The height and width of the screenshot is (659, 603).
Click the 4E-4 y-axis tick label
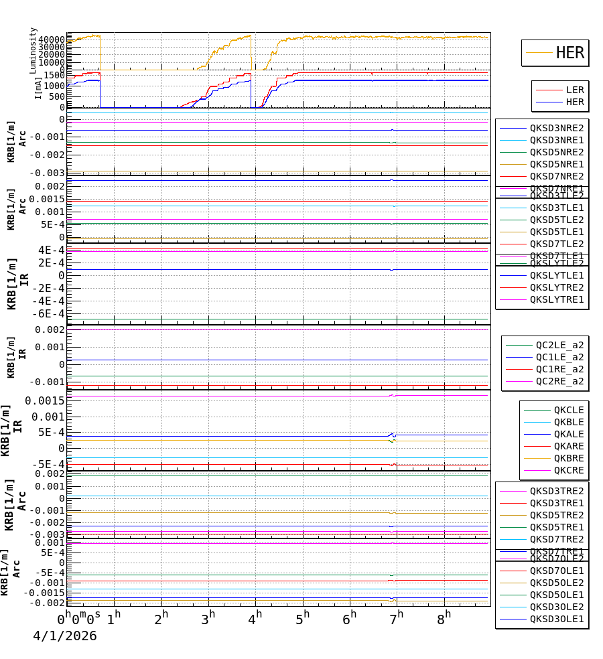[51, 250]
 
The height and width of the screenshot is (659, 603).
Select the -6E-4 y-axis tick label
[48, 313]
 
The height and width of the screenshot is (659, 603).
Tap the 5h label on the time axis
[303, 616]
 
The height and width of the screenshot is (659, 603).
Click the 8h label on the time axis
[444, 616]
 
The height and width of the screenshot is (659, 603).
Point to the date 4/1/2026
[65, 636]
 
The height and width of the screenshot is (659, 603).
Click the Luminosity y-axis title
[33, 50]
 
